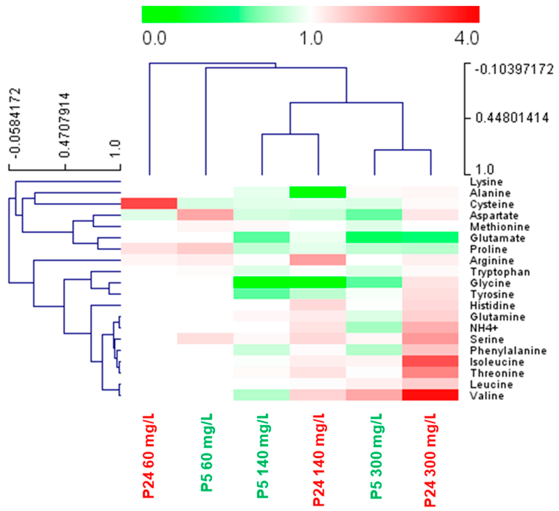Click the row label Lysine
486,182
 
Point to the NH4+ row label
484,328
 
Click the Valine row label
487,396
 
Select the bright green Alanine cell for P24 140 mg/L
318,192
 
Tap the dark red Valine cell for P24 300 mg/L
430,395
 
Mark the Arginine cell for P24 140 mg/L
318,260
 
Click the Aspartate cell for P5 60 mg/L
205,215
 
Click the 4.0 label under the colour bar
467,38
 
